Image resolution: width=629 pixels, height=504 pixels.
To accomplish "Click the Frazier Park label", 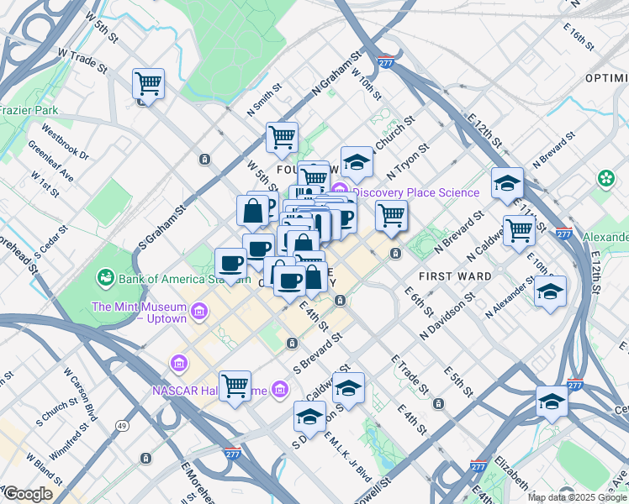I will tap(29, 110).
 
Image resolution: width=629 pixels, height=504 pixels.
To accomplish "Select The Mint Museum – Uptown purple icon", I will tap(200, 313).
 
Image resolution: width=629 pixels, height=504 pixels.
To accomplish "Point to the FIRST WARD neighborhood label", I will tap(454, 276).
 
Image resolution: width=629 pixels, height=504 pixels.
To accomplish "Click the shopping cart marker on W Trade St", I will tap(148, 84).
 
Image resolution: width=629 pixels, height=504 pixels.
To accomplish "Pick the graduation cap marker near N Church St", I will tap(357, 162).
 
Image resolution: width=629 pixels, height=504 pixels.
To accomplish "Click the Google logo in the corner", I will tap(28, 494).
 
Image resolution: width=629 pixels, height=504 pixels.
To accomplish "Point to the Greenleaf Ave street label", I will tap(50, 160).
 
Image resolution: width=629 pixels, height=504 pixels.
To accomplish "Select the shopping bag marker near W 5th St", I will tap(252, 212).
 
